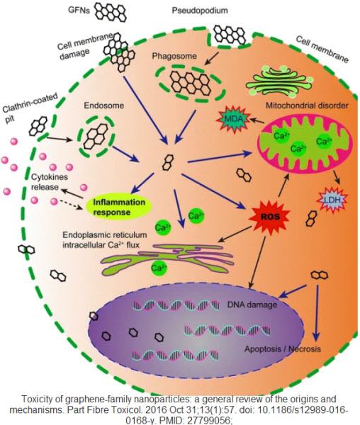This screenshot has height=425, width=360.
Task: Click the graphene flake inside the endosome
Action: click(94, 133)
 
